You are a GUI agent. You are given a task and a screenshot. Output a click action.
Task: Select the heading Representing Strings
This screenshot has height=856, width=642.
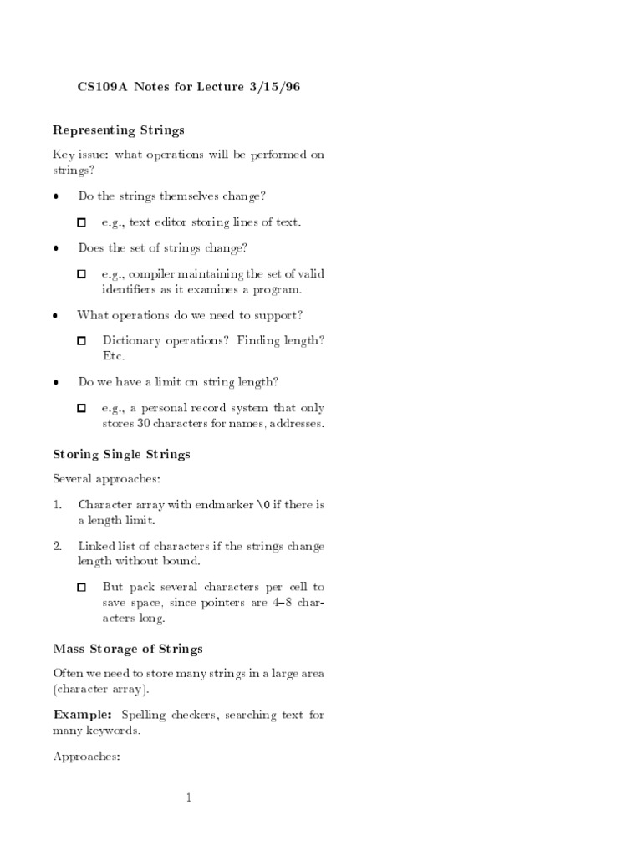(x=119, y=130)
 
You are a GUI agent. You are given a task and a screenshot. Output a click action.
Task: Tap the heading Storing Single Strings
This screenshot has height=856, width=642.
(x=122, y=455)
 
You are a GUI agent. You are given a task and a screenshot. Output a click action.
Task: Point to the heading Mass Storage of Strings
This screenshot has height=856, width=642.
(x=128, y=649)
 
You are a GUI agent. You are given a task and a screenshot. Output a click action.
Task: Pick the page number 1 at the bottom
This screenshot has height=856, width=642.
(x=189, y=798)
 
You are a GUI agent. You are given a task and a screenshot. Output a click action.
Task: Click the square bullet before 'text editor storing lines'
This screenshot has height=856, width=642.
(x=82, y=223)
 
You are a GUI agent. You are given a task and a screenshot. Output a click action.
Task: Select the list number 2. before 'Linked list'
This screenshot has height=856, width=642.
(x=58, y=546)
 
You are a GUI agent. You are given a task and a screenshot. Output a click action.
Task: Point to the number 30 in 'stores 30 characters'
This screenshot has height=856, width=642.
(x=143, y=424)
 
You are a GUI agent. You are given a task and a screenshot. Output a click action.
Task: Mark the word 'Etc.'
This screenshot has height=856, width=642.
(x=114, y=356)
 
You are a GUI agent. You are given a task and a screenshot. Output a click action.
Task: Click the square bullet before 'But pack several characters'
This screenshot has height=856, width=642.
(x=82, y=588)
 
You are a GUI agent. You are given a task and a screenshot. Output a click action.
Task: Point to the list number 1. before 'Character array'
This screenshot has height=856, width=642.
(x=58, y=504)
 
